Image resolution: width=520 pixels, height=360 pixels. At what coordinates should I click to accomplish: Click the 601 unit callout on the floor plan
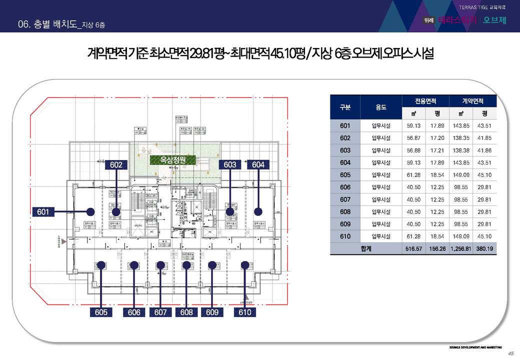[43, 212]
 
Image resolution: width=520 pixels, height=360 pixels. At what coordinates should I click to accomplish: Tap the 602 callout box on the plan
[116, 164]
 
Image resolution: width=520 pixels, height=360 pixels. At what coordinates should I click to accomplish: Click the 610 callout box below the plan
[245, 312]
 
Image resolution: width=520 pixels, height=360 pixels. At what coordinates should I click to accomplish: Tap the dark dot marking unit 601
[90, 211]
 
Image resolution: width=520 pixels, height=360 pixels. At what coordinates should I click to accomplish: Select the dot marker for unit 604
[258, 211]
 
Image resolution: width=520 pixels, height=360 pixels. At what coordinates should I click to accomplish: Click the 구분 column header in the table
[345, 107]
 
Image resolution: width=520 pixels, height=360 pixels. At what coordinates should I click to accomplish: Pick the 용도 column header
[381, 107]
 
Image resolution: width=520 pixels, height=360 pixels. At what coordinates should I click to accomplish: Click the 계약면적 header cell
[472, 101]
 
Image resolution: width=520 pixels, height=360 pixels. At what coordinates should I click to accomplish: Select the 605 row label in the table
[345, 175]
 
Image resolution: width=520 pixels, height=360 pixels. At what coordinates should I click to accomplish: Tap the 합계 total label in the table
[366, 248]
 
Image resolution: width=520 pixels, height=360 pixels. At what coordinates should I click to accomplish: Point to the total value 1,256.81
[458, 248]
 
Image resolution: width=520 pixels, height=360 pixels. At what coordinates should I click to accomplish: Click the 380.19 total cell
[484, 248]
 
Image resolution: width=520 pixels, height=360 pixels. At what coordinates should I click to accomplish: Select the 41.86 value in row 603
[484, 150]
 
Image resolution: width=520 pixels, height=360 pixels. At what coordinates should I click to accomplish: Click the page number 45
[510, 353]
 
